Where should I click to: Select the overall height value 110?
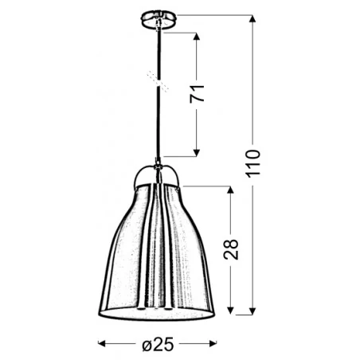254,164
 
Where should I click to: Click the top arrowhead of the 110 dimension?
254,18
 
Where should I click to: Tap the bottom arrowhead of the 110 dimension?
254,310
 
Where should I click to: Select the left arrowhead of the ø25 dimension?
101,343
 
